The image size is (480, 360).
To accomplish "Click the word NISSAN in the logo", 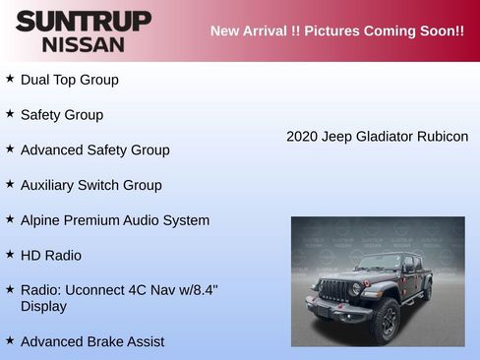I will pyautogui.click(x=84, y=44).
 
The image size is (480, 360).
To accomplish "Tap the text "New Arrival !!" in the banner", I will pyautogui.click(x=255, y=30).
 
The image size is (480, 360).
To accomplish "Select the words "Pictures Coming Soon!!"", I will pyautogui.click(x=385, y=30).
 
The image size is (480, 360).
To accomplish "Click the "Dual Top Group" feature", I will pyautogui.click(x=69, y=80).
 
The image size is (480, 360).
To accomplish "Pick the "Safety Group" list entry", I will pyautogui.click(x=61, y=115).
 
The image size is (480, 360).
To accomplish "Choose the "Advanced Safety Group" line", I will pyautogui.click(x=94, y=150).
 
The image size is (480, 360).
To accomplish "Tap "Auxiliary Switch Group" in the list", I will pyautogui.click(x=90, y=185).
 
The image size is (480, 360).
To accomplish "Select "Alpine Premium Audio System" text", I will pyautogui.click(x=114, y=220).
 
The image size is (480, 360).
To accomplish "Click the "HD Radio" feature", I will pyautogui.click(x=51, y=256).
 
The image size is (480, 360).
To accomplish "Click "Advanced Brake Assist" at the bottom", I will pyautogui.click(x=92, y=341).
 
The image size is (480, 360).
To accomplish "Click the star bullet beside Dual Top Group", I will pyautogui.click(x=10, y=78).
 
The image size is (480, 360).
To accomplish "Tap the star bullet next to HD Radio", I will pyautogui.click(x=10, y=254).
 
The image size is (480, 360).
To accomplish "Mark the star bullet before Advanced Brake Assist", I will pyautogui.click(x=10, y=339).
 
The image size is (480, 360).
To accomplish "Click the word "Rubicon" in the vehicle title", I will pyautogui.click(x=442, y=137).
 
